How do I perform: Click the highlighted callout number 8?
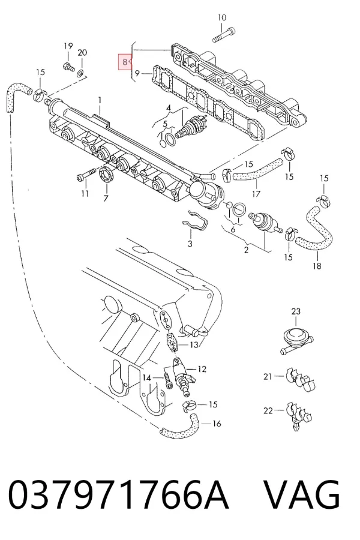pyautogui.click(x=125, y=62)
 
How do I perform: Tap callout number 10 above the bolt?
pyautogui.click(x=222, y=17)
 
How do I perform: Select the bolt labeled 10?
pyautogui.click(x=224, y=35)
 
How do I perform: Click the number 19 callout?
pyautogui.click(x=68, y=46)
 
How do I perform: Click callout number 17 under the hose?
pyautogui.click(x=256, y=194)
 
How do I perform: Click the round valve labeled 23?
pyautogui.click(x=296, y=338)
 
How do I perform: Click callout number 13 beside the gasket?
pyautogui.click(x=194, y=344)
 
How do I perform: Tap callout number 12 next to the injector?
pyautogui.click(x=202, y=369)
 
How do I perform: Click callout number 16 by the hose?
pyautogui.click(x=217, y=423)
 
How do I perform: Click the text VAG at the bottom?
pyautogui.click(x=302, y=494)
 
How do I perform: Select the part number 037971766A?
pyautogui.click(x=118, y=494)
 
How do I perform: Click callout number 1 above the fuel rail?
pyautogui.click(x=100, y=100)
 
